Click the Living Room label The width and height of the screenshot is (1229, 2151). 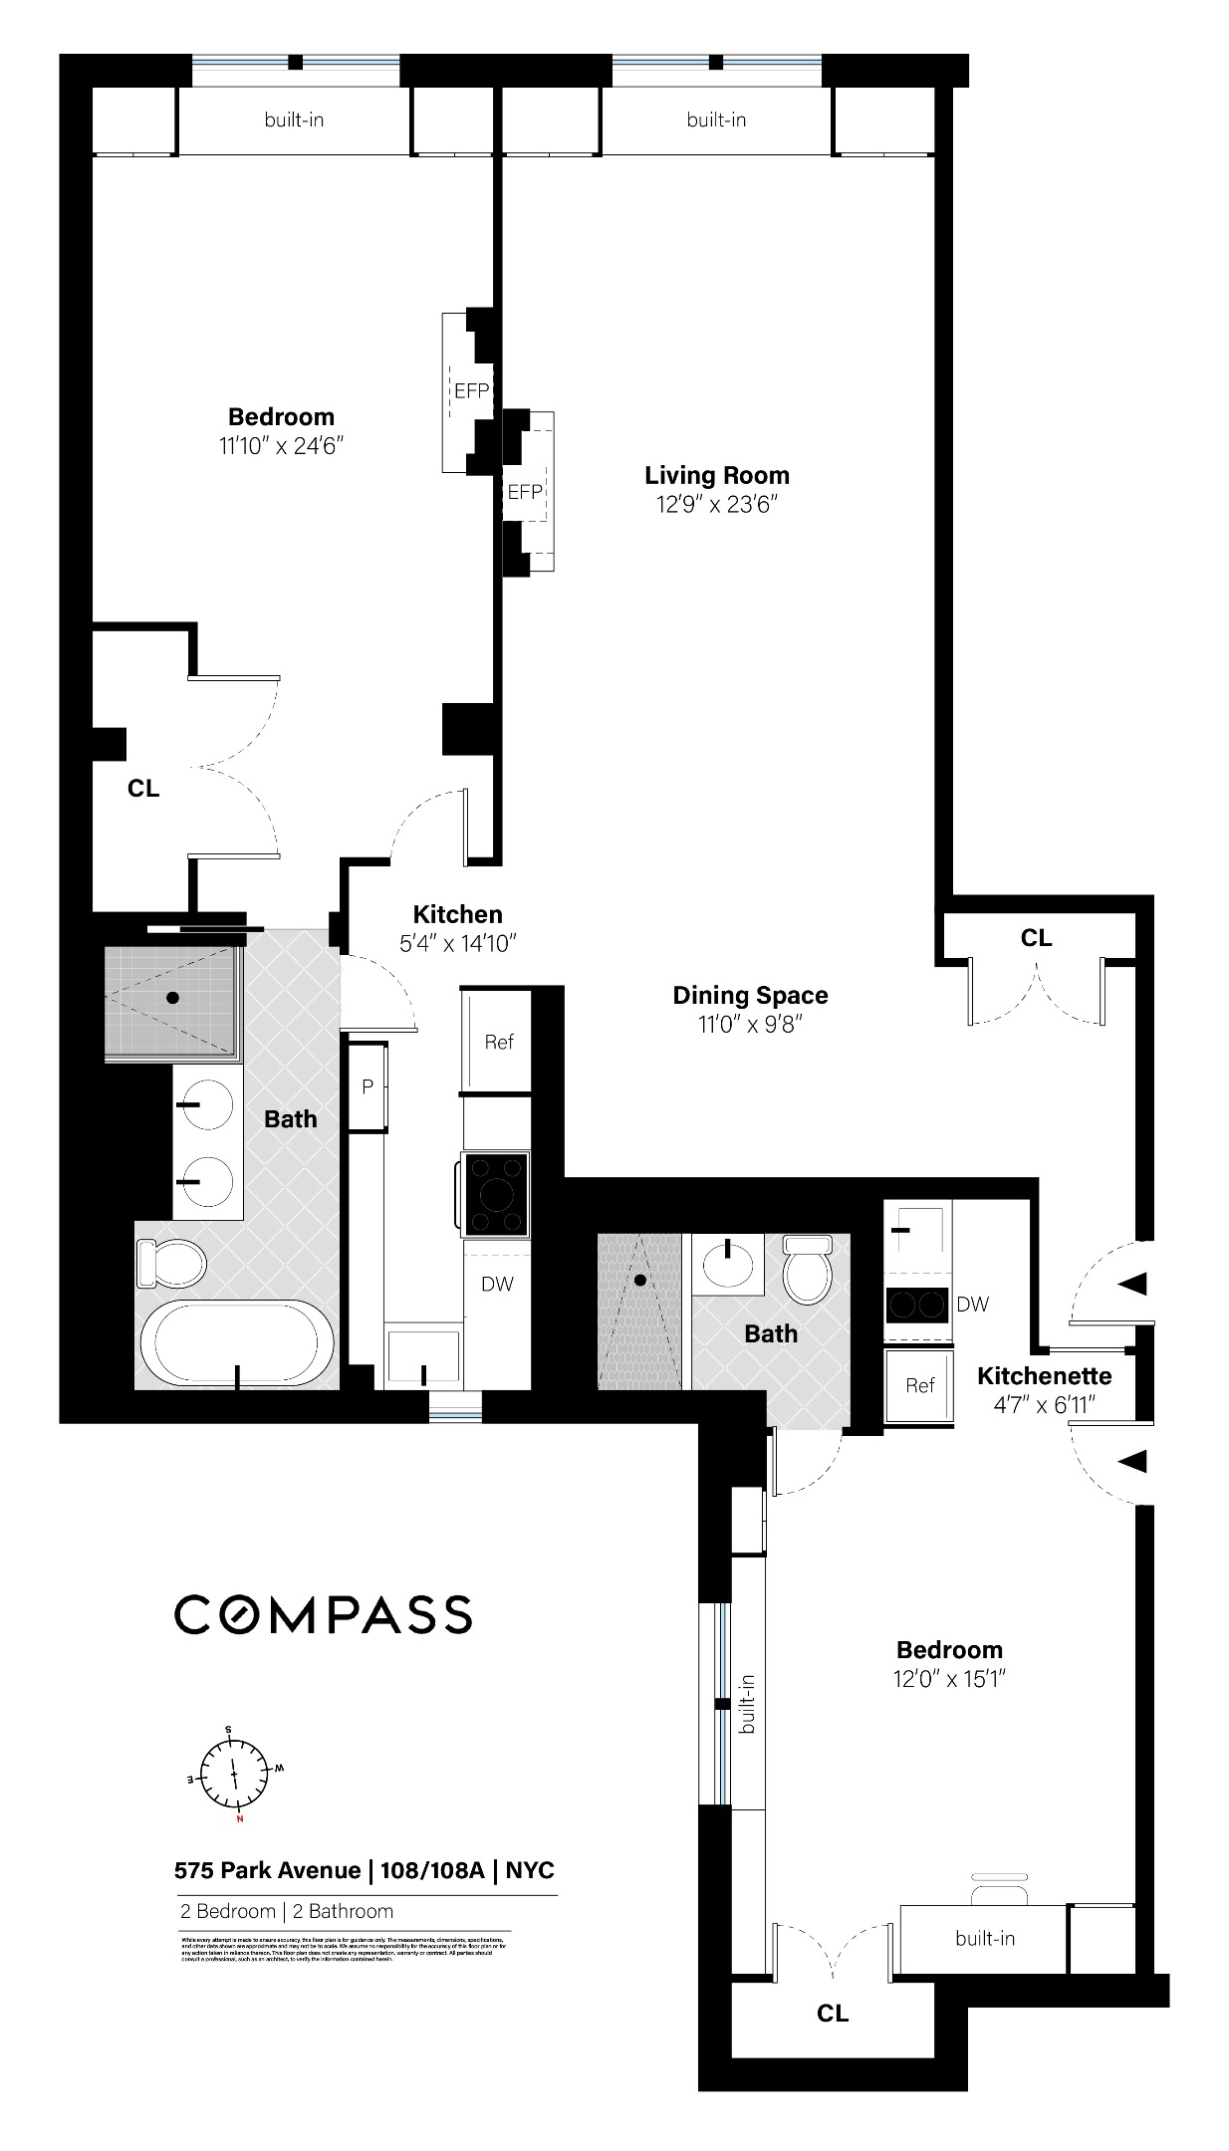tap(716, 475)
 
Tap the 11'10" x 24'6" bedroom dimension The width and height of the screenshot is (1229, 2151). tap(281, 445)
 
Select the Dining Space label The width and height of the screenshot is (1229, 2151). tap(750, 995)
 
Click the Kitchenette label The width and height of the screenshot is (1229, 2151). tap(1044, 1375)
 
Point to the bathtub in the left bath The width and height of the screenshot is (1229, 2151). tap(237, 1341)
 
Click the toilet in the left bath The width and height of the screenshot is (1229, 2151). tap(171, 1264)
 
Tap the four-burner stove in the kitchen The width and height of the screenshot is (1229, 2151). tap(496, 1193)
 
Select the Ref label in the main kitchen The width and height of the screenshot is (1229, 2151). tap(499, 1042)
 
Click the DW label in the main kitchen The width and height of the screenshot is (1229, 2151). tap(497, 1284)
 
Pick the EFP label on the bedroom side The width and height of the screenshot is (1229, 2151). tap(471, 391)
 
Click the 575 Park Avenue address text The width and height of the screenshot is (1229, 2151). tap(267, 1869)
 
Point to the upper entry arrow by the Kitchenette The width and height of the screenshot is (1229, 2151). tap(1132, 1284)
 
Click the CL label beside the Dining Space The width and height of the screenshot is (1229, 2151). tap(1036, 937)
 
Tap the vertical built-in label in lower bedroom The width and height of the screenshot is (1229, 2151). tap(748, 1704)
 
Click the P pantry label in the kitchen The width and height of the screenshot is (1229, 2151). tap(368, 1086)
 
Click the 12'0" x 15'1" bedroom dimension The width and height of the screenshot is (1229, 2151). tap(949, 1679)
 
